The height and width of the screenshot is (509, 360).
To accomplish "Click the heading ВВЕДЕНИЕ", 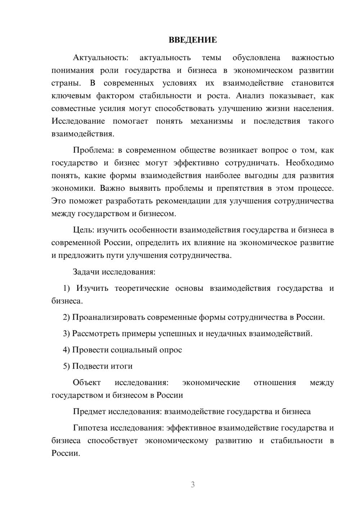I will [x=193, y=40].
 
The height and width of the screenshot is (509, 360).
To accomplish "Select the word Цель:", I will [x=84, y=230].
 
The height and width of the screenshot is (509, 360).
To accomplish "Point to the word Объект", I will [x=87, y=383].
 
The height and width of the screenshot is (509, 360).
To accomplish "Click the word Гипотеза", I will [x=90, y=428].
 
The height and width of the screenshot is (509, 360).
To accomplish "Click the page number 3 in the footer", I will [x=193, y=485].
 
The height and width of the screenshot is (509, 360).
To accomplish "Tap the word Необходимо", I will [x=310, y=163].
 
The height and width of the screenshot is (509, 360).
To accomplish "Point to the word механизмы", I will [x=212, y=121].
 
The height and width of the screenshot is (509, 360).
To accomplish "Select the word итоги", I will [x=122, y=366].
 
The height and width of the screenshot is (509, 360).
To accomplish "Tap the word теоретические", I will [x=142, y=288].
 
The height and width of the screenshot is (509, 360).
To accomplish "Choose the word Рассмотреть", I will [x=96, y=334].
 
